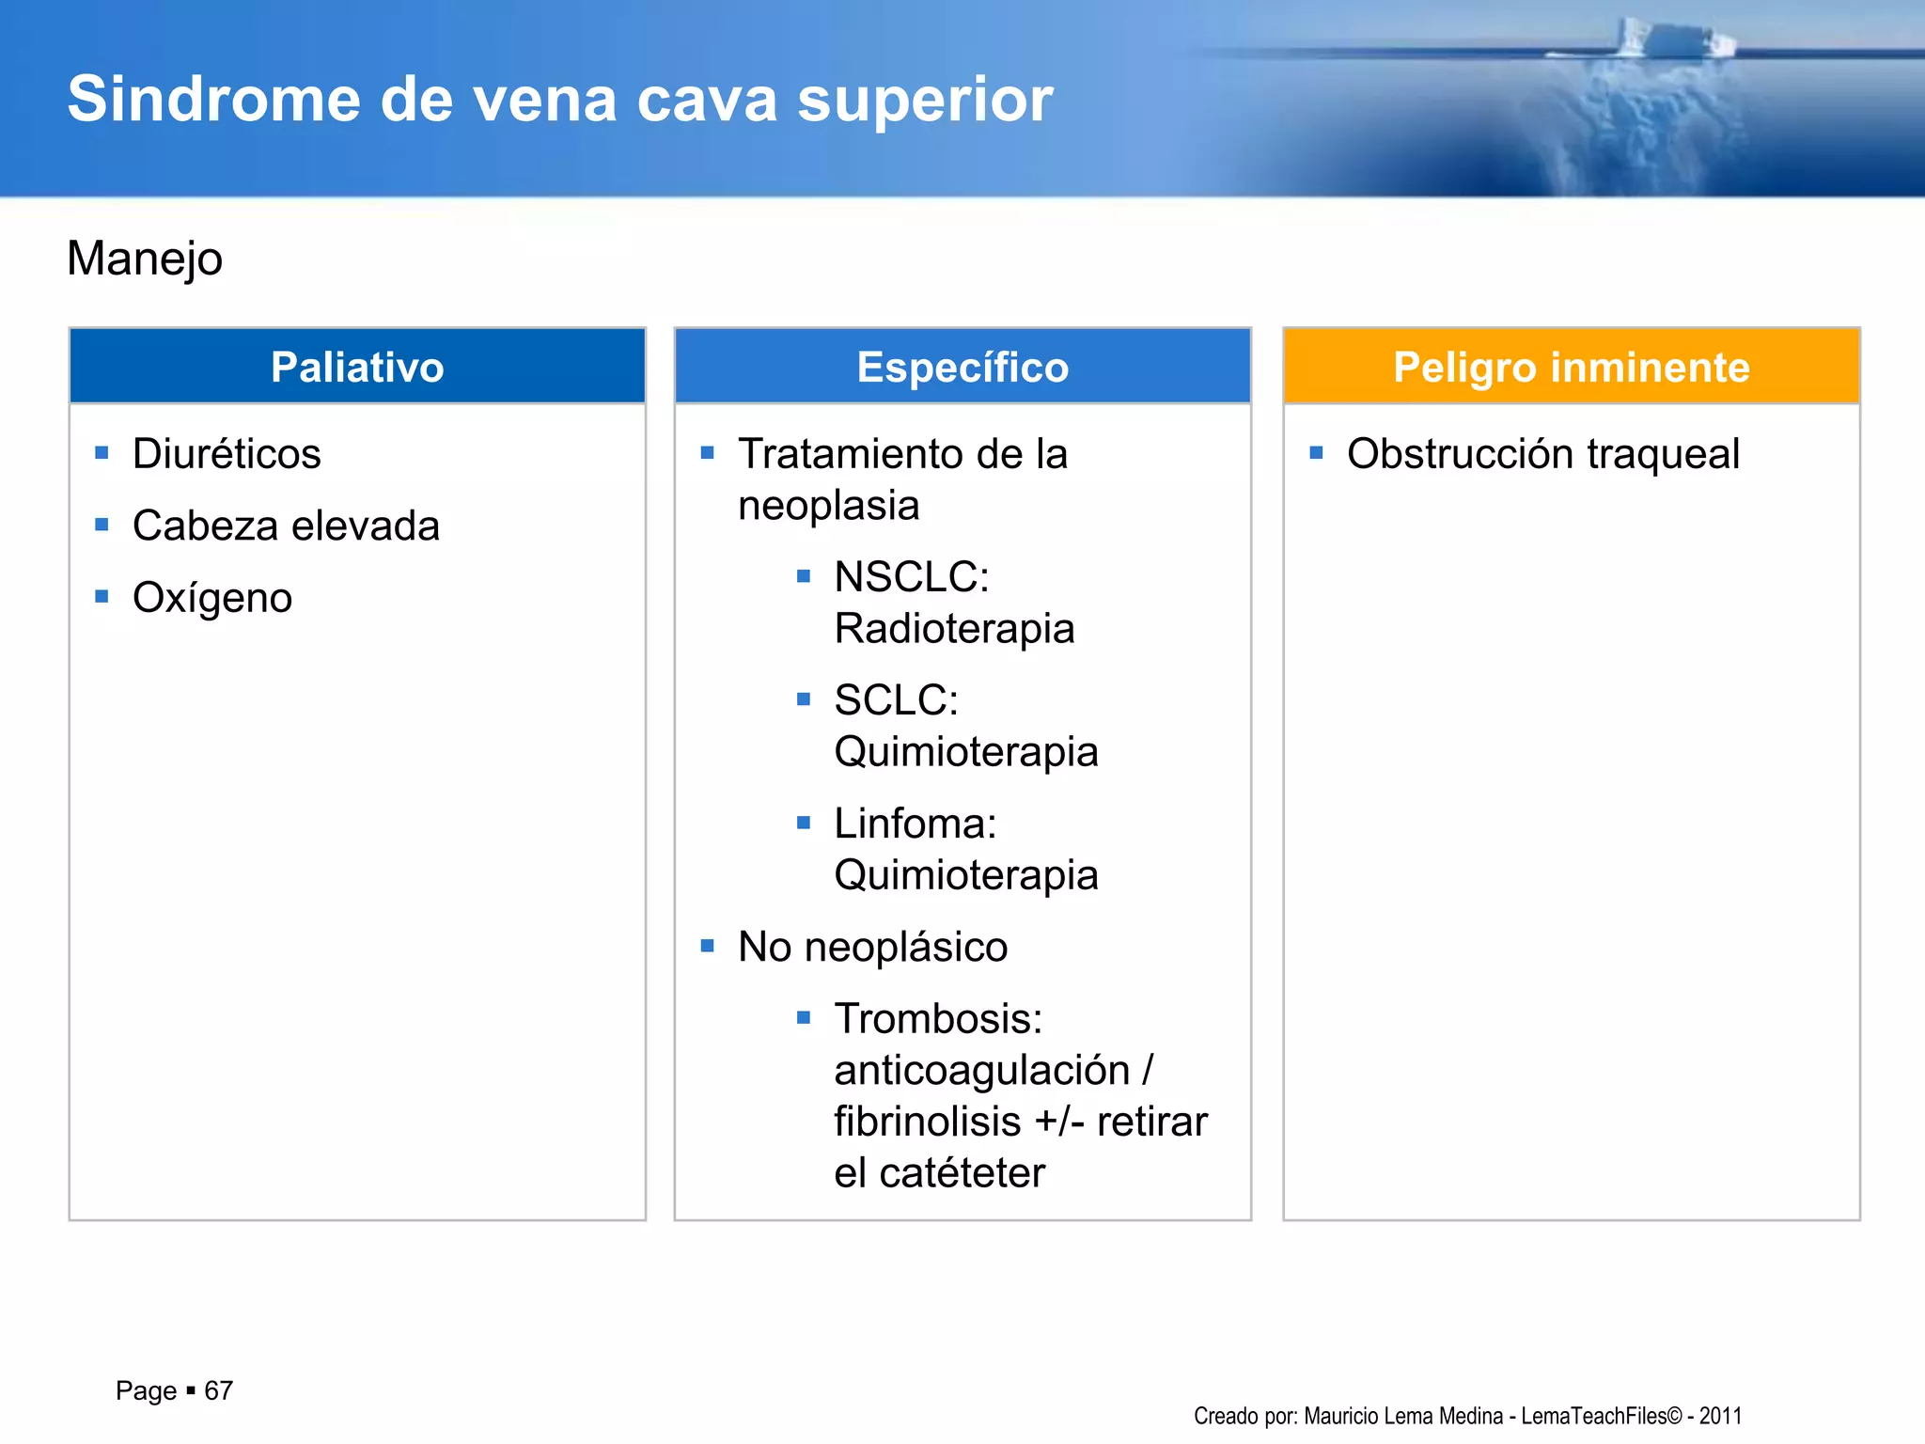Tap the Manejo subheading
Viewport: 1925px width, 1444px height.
point(145,259)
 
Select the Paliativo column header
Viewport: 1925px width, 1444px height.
point(357,367)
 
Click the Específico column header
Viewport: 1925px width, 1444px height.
point(962,367)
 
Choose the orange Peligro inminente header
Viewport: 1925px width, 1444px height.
point(1571,367)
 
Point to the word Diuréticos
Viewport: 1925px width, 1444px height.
point(227,454)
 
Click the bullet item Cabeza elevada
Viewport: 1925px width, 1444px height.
point(286,526)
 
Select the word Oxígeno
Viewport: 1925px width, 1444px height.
point(212,598)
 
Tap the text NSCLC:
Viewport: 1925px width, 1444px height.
point(911,577)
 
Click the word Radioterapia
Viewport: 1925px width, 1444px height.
point(954,629)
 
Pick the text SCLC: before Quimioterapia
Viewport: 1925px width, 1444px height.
point(896,700)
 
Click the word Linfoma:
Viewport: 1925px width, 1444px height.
point(915,824)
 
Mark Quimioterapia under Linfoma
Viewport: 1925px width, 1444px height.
point(965,875)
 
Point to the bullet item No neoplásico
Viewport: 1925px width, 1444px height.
point(872,947)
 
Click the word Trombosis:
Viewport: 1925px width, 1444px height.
point(938,1019)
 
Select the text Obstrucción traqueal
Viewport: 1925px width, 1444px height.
point(1542,454)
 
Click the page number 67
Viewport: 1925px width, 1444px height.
point(218,1390)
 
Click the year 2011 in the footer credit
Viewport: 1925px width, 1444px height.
point(1720,1416)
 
